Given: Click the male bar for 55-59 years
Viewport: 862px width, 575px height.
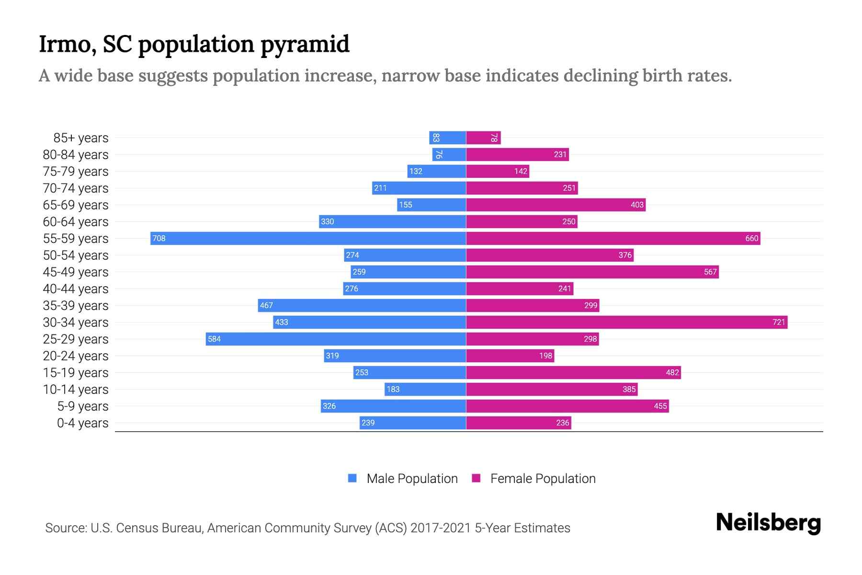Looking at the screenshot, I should (x=308, y=238).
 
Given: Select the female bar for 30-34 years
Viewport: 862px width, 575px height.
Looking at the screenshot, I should (x=626, y=322).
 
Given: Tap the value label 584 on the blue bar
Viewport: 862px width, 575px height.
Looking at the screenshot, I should (x=214, y=339).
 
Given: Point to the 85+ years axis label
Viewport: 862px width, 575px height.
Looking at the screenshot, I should (x=80, y=138).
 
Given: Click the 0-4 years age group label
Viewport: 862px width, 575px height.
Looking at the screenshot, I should (x=82, y=423).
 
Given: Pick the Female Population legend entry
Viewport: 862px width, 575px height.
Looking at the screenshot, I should (x=534, y=478).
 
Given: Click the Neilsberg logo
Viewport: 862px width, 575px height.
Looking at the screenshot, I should (x=768, y=523).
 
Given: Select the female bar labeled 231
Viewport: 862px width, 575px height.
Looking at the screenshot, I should (x=517, y=154).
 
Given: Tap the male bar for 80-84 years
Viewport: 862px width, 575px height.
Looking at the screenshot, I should (x=449, y=154).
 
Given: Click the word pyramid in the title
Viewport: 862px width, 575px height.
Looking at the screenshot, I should (x=305, y=44).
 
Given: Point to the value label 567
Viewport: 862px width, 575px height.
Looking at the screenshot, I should (x=710, y=272).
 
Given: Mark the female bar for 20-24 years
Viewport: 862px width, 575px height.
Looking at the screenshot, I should (x=510, y=356).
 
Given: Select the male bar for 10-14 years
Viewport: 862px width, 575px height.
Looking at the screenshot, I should (x=425, y=389).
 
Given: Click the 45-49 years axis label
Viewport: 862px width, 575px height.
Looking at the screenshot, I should (x=76, y=272).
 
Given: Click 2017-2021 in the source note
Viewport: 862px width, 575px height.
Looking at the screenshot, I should (x=440, y=528).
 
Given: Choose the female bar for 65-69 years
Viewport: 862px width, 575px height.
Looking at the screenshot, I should (x=556, y=205).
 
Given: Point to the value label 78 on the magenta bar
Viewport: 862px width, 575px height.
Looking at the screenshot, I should (x=494, y=138).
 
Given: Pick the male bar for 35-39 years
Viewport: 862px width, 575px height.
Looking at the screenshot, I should (x=362, y=305).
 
